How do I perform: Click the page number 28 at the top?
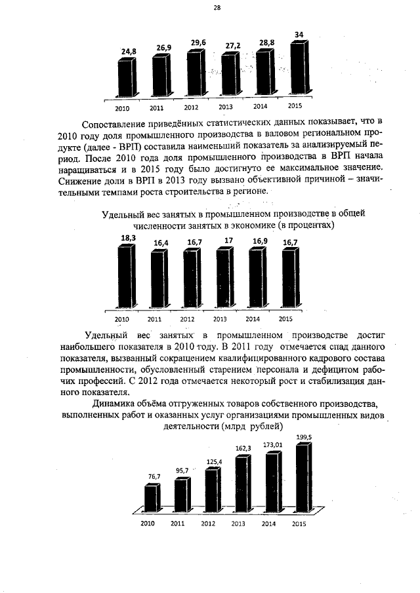(217, 8)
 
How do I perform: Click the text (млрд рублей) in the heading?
(252, 426)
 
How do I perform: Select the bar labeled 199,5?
(304, 478)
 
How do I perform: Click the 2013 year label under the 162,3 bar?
(239, 524)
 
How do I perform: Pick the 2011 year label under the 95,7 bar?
(178, 524)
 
